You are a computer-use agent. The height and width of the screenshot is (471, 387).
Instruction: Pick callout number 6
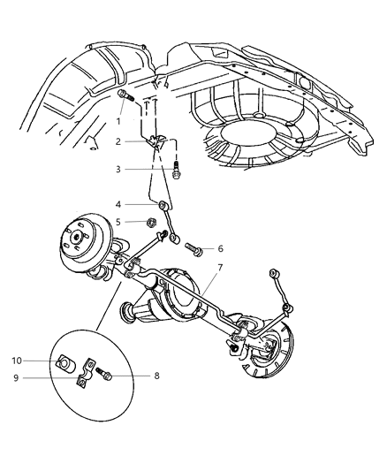click(220, 248)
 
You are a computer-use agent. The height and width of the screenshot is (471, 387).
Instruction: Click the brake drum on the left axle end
click(81, 247)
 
